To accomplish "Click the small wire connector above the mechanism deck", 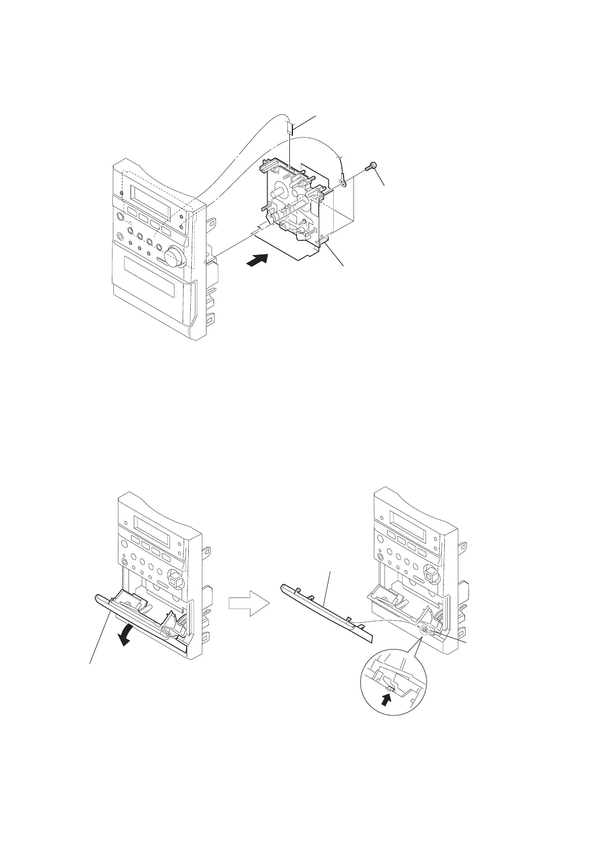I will point(290,126).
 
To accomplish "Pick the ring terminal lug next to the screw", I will point(342,179).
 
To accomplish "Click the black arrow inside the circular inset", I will point(386,699).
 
